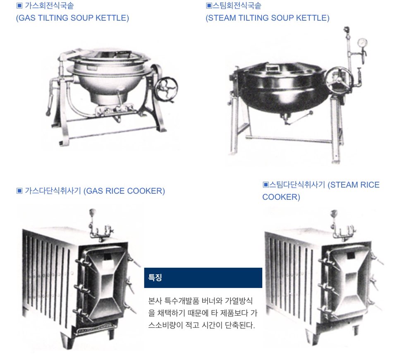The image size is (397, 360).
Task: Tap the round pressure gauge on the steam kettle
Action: tap(362, 42)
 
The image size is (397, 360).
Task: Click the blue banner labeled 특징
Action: tap(203, 278)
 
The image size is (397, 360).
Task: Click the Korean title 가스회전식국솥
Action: tap(49, 5)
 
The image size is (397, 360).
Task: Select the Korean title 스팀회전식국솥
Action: tap(237, 5)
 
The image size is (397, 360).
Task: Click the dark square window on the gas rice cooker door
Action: tap(108, 257)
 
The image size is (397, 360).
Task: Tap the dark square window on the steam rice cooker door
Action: tap(350, 256)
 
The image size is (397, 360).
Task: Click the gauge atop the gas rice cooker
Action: tap(92, 212)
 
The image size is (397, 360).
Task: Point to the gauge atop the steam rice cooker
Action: tap(334, 213)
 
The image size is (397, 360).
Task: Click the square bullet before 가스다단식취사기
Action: tap(19, 190)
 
